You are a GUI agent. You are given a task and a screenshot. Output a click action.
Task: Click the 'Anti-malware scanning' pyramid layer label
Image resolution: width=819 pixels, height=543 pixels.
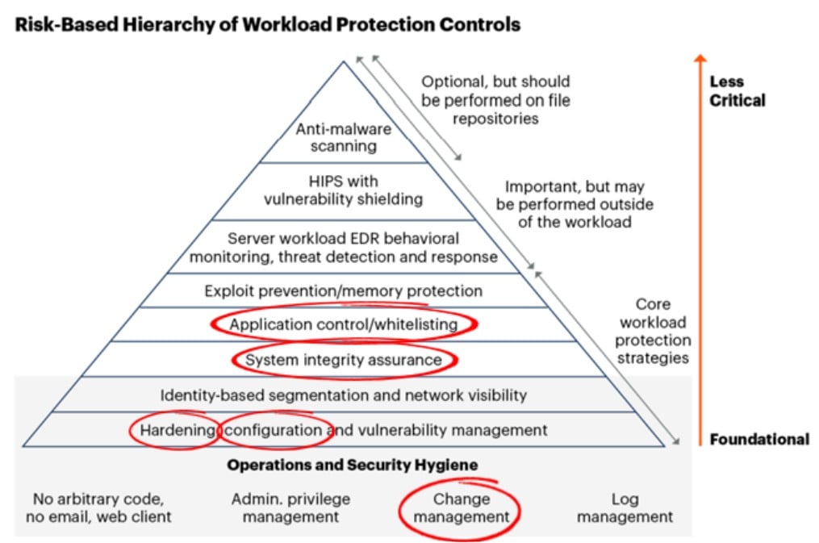343,137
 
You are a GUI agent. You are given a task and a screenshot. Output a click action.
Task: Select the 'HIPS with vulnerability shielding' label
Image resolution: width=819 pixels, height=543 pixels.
343,190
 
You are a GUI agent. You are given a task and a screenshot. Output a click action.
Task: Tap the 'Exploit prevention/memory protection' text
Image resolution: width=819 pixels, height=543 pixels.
343,290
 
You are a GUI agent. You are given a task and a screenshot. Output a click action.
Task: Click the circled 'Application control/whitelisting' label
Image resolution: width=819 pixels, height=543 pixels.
343,324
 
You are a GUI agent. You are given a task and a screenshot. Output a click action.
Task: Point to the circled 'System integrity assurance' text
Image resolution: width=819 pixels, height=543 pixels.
343,360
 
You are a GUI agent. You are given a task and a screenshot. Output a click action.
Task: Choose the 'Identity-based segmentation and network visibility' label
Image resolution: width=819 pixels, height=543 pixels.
343,395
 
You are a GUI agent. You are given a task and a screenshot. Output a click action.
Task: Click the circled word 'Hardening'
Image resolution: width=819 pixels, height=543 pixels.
178,430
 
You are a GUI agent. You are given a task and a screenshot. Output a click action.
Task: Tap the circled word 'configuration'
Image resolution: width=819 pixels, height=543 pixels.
273,430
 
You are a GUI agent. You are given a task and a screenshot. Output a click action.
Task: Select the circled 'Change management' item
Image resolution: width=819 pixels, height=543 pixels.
462,508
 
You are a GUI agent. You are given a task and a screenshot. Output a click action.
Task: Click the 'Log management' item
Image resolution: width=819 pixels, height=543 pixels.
625,508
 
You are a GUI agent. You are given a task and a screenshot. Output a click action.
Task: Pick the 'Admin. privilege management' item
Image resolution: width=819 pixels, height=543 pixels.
291,508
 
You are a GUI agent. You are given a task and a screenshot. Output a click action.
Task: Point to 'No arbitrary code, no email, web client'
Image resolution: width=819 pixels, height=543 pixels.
98,508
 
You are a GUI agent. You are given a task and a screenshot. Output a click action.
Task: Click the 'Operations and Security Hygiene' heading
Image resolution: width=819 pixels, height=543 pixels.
353,465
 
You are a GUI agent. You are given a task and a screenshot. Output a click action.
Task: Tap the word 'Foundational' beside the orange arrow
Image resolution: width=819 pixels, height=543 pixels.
759,440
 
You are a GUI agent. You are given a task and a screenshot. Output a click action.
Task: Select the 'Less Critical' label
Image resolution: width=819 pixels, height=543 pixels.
737,91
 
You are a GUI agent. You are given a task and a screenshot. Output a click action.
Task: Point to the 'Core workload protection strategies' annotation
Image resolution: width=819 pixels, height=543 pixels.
653,331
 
